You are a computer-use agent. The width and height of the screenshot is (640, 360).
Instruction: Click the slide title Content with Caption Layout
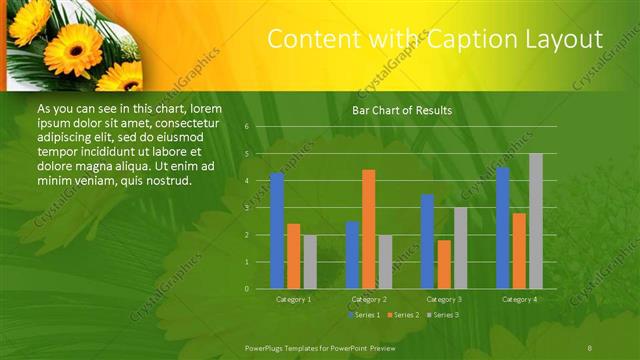(435, 39)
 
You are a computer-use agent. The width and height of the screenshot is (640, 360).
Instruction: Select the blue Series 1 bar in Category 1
(277, 231)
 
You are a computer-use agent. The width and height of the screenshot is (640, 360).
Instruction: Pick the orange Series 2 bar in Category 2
(368, 229)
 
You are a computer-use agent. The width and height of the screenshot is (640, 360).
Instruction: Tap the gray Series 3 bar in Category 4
(536, 221)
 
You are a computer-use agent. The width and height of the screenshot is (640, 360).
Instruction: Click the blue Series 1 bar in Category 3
(427, 241)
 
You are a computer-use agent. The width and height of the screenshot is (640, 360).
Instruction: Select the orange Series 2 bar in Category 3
(444, 264)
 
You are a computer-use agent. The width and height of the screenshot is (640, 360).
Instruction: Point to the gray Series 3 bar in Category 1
(310, 261)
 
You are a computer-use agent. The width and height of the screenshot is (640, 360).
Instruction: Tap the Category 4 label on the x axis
(519, 299)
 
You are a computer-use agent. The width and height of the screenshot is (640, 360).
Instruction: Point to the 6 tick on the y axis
(246, 127)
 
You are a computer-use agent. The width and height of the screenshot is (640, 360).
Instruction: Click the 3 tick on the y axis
(246, 208)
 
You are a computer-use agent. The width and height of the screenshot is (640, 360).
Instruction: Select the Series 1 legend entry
(366, 315)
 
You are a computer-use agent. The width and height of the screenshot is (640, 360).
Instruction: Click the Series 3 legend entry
(445, 315)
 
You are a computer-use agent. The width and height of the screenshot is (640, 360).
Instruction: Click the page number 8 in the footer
(590, 346)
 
